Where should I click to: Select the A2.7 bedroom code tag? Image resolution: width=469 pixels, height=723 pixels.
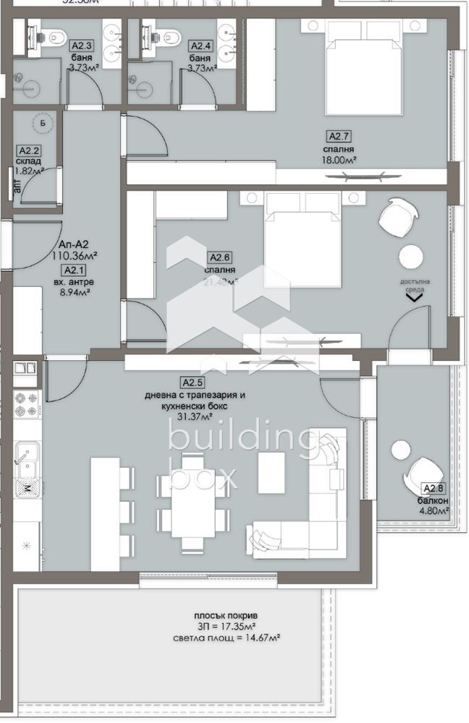(339, 136)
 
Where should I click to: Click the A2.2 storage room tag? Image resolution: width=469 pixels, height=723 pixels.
(28, 150)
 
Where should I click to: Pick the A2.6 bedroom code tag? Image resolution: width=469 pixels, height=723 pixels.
(219, 257)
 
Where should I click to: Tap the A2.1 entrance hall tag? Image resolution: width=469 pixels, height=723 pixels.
(74, 270)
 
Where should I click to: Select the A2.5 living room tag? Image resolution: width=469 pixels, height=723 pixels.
(191, 382)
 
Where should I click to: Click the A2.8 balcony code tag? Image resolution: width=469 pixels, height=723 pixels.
(432, 489)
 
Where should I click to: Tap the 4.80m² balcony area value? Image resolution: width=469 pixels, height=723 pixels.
(434, 513)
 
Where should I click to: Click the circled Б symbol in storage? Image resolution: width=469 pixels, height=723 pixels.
(43, 124)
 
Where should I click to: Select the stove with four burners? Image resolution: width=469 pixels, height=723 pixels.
(28, 406)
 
